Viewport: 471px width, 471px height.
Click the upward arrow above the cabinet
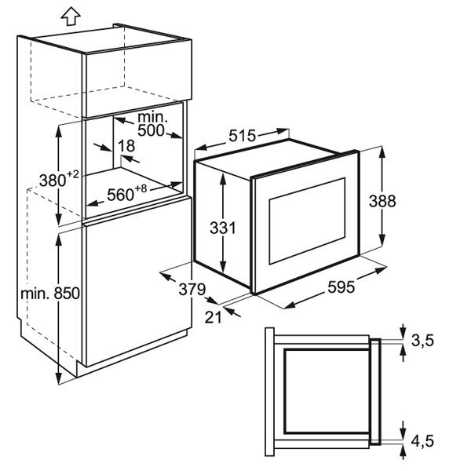pyautogui.click(x=70, y=13)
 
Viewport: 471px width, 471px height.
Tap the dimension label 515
pyautogui.click(x=243, y=136)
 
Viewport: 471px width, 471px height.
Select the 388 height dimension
pyautogui.click(x=383, y=200)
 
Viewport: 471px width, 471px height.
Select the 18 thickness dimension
pyautogui.click(x=126, y=146)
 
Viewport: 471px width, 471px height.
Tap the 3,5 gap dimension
pyautogui.click(x=422, y=340)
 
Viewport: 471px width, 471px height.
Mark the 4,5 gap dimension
pyautogui.click(x=422, y=443)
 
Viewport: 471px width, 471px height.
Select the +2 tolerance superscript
pyautogui.click(x=73, y=173)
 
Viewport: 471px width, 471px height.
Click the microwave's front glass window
pyautogui.click(x=305, y=221)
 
